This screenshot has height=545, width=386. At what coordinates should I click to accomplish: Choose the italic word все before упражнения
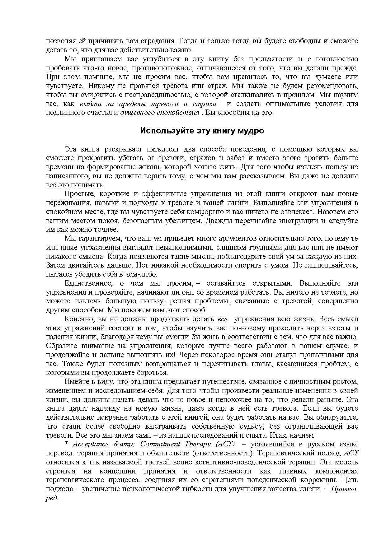pos(222,319)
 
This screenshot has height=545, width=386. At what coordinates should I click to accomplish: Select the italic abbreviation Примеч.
pos(344,489)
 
